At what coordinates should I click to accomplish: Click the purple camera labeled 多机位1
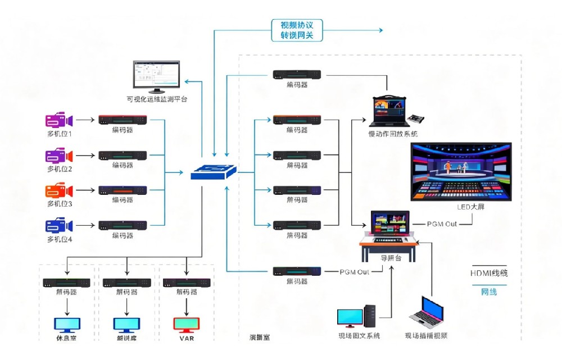[59, 120]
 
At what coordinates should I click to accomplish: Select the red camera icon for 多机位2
[59, 155]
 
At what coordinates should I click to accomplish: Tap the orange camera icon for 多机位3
[59, 190]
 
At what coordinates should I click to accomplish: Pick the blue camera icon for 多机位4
[59, 226]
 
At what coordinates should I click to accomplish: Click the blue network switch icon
[214, 172]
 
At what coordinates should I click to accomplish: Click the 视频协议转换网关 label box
[297, 30]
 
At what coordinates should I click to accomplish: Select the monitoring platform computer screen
[156, 76]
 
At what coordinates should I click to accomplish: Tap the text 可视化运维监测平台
[157, 99]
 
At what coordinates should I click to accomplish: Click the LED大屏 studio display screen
[461, 172]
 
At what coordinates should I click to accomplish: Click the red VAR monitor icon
[186, 325]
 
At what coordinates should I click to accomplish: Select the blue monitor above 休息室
[67, 325]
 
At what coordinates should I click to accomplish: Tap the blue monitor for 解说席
[126, 325]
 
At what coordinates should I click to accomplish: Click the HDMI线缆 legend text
[489, 273]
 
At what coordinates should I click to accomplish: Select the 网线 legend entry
[488, 291]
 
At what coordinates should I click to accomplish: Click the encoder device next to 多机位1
[123, 120]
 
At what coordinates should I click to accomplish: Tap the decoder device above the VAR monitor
[187, 282]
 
